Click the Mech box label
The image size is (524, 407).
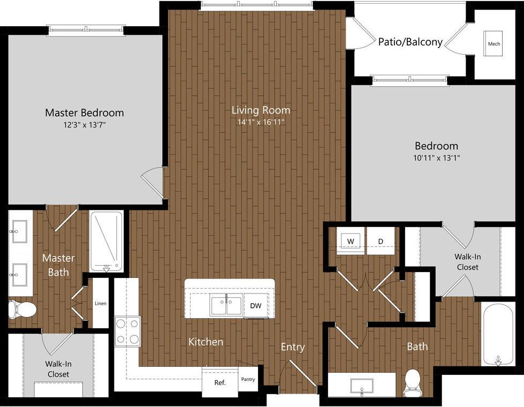(493, 44)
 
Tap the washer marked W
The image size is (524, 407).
(351, 241)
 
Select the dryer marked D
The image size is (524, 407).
(381, 241)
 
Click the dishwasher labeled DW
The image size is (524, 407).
(256, 306)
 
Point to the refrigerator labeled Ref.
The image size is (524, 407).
(220, 382)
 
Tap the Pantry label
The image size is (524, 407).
(247, 380)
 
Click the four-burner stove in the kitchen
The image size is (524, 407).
(127, 331)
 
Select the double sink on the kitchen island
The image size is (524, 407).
(226, 305)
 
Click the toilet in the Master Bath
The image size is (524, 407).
(22, 309)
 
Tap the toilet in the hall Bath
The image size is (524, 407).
(413, 381)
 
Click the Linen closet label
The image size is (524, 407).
(101, 304)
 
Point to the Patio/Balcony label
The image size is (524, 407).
(410, 42)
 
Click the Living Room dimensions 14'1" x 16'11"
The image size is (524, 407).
(261, 122)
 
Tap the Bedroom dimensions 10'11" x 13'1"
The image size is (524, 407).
(437, 157)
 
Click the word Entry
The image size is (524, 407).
(293, 347)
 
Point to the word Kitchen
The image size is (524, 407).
(206, 341)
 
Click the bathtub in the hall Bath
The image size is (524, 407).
(498, 333)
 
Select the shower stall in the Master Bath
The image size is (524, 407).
(107, 240)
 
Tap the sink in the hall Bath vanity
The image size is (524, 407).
(362, 386)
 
